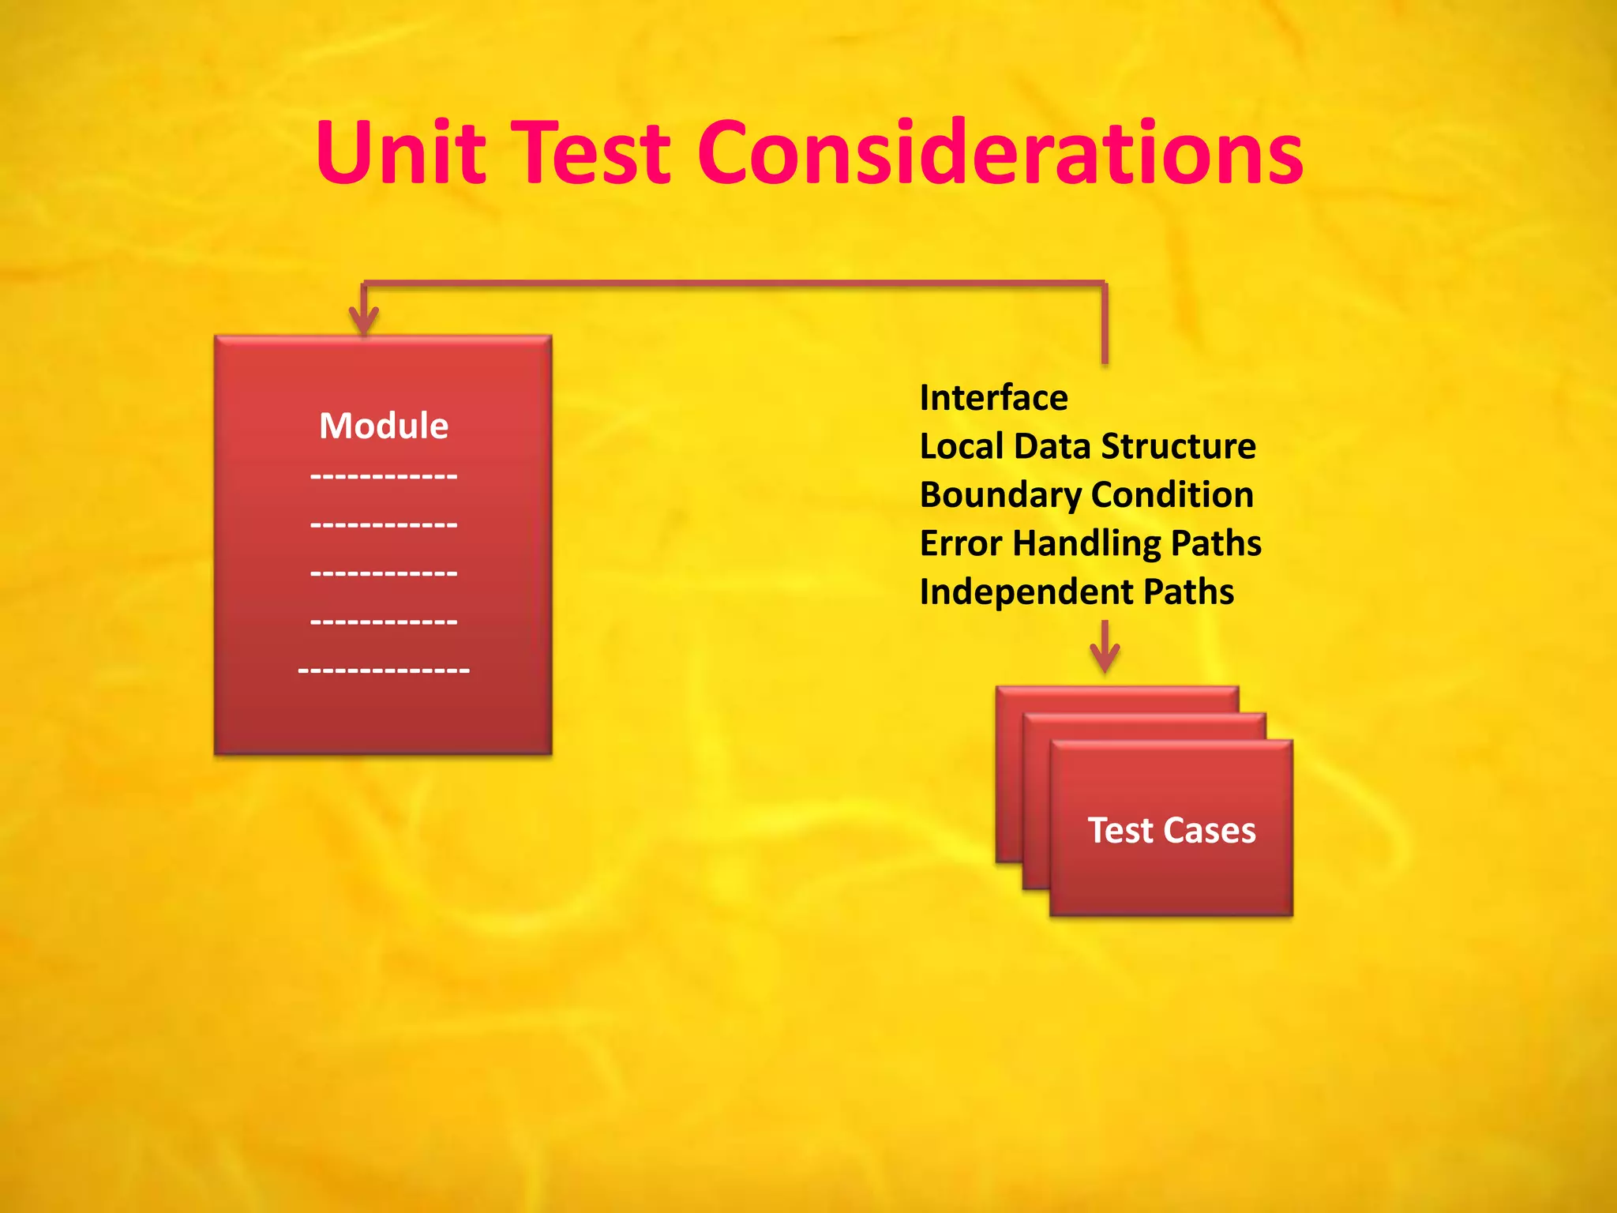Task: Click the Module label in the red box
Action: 384,426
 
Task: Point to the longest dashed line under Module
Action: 384,670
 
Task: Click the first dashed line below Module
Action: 384,476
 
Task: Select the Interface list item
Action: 993,397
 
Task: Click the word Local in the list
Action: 961,446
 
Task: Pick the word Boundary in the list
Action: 1000,496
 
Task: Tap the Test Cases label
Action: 1172,831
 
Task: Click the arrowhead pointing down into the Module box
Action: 364,321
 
